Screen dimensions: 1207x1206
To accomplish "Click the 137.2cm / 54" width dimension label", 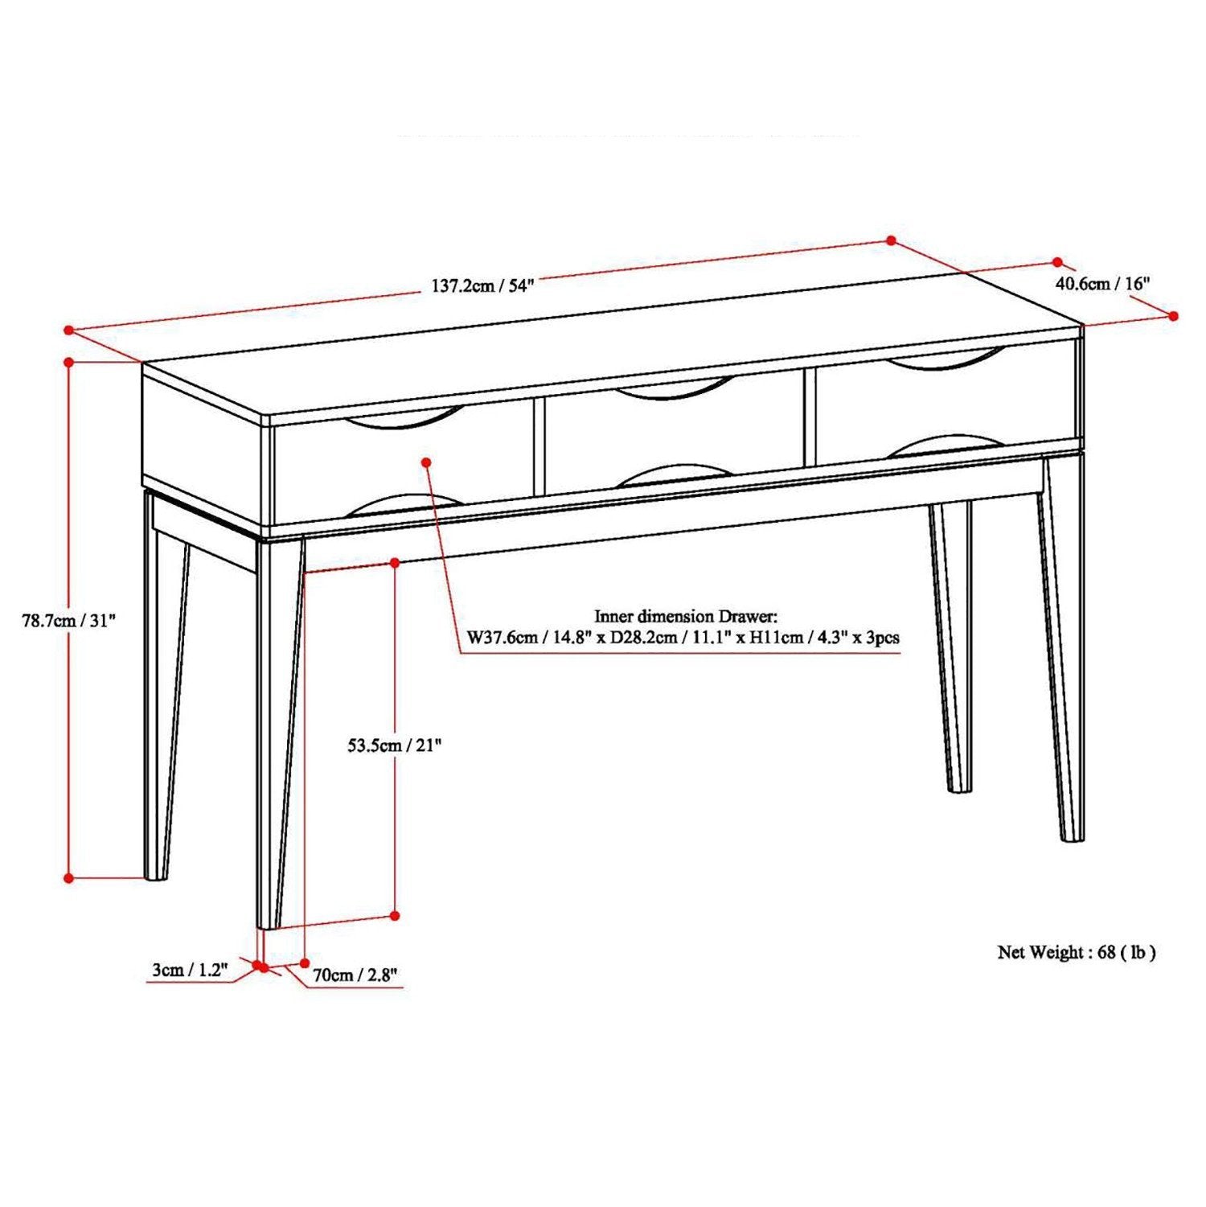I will click(482, 286).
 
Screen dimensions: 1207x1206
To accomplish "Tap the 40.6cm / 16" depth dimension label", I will click(1102, 283).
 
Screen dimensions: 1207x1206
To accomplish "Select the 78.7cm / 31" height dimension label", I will click(69, 621).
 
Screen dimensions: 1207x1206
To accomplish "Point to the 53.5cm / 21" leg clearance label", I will click(395, 745).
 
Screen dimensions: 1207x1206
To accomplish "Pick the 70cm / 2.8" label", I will click(355, 975).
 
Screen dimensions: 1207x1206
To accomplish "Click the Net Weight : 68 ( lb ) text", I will click(1077, 952).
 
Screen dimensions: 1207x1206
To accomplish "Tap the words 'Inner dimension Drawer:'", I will click(686, 617).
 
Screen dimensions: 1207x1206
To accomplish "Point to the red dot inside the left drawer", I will click(427, 462).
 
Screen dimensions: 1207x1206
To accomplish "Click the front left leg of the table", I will click(278, 724).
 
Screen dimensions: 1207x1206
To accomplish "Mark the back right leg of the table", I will click(951, 643).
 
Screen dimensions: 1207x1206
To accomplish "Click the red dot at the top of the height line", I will click(69, 362).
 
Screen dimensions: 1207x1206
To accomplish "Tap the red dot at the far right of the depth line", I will click(1174, 316).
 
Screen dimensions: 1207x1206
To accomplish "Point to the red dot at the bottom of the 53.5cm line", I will click(395, 915).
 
